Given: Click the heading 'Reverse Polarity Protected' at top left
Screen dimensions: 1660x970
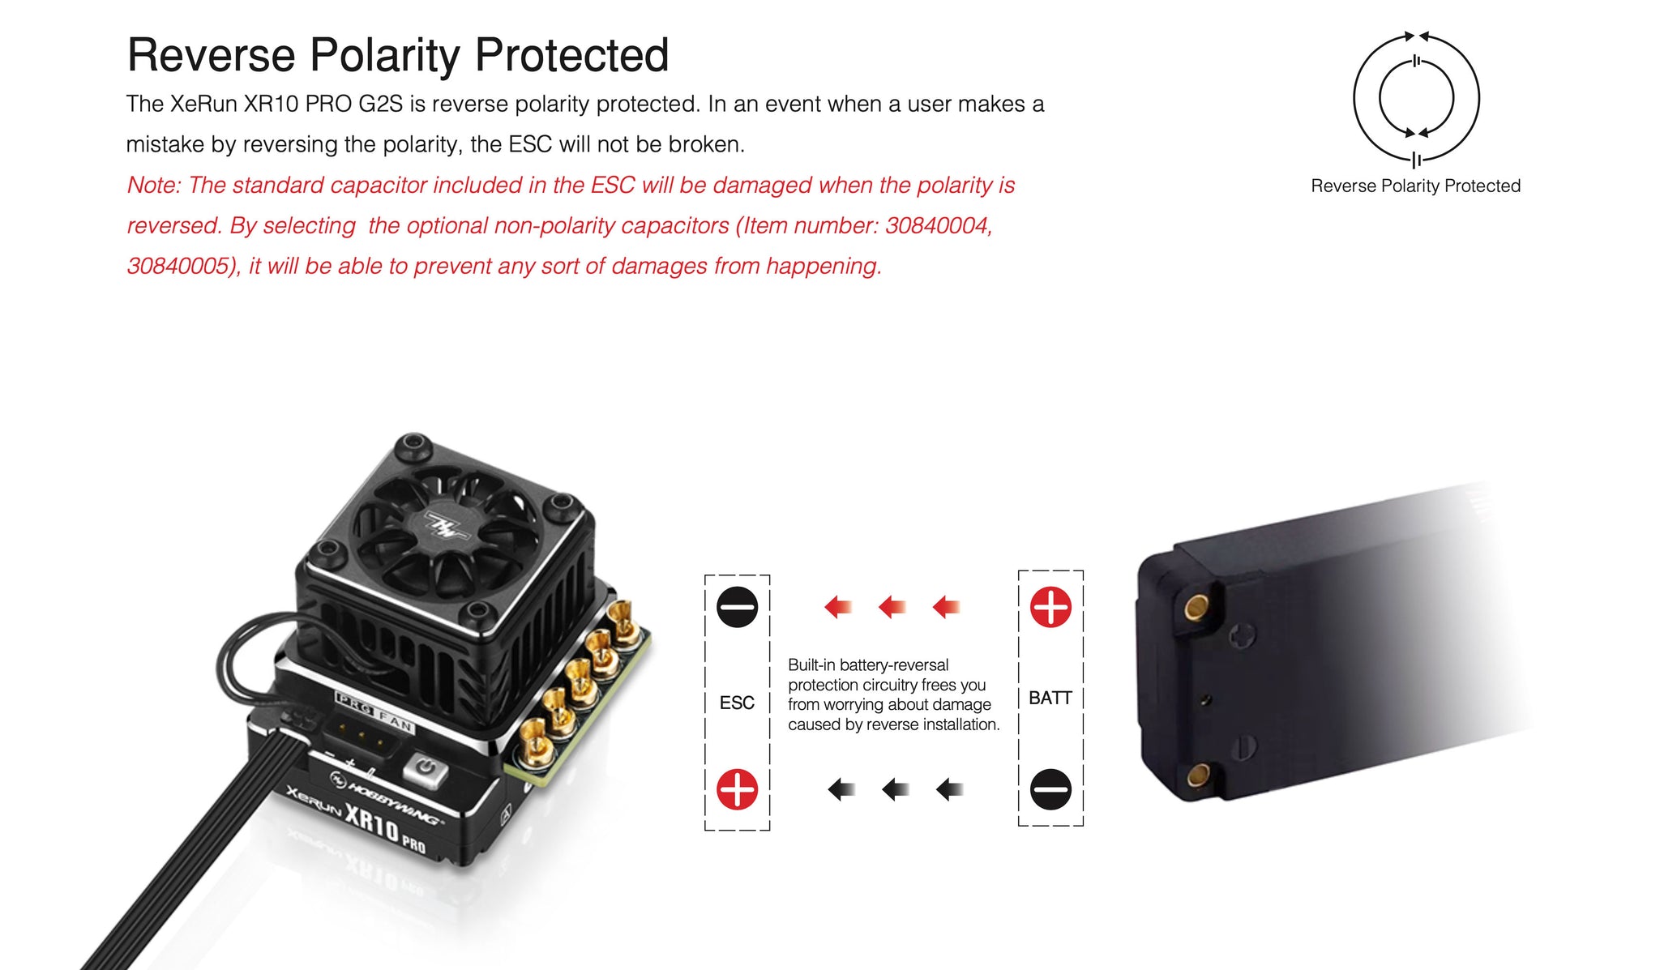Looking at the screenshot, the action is point(398,56).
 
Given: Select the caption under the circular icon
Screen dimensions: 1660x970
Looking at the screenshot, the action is point(1415,186).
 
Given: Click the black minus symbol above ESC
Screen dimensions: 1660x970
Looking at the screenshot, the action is point(737,607).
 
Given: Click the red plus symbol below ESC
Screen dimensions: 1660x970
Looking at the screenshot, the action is point(737,789).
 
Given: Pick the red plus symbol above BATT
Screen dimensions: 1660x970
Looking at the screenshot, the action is point(1050,607).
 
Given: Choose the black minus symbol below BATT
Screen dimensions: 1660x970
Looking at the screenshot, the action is point(1050,789).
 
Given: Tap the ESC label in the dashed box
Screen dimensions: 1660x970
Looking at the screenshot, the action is point(737,703).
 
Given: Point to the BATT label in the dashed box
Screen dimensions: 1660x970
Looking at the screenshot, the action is point(1050,698).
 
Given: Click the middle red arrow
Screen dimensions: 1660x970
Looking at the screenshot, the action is point(892,606).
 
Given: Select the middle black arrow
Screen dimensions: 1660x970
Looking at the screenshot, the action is point(895,789).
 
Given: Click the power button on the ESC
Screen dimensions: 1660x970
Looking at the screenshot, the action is point(426,767).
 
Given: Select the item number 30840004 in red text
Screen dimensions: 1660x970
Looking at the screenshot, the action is point(938,225).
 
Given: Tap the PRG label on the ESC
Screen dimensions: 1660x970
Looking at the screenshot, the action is point(355,703).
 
